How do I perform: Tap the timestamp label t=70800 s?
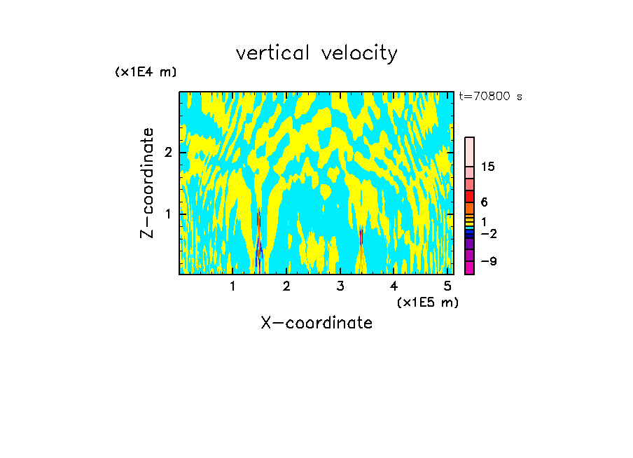pyautogui.click(x=490, y=97)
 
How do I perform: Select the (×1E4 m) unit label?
pyautogui.click(x=146, y=72)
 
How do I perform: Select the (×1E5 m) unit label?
pyautogui.click(x=427, y=302)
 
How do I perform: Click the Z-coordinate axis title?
pyautogui.click(x=147, y=183)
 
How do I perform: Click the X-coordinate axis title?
pyautogui.click(x=316, y=323)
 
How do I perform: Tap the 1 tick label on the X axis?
pyautogui.click(x=232, y=286)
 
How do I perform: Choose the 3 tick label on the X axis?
pyautogui.click(x=340, y=286)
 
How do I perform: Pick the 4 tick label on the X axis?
pyautogui.click(x=394, y=286)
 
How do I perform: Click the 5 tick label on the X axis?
pyautogui.click(x=447, y=286)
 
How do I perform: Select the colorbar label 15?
pyautogui.click(x=488, y=167)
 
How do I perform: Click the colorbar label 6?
pyautogui.click(x=484, y=202)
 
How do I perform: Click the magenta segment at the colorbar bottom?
pyautogui.click(x=469, y=268)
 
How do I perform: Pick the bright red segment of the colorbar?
pyautogui.click(x=469, y=196)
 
